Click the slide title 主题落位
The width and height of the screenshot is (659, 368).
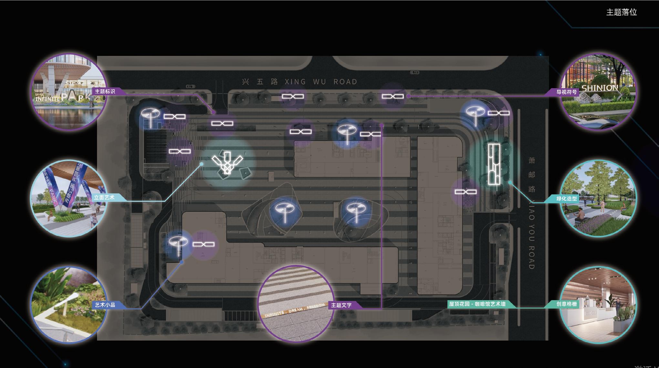coord(621,12)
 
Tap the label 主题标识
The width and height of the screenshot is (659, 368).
coord(105,91)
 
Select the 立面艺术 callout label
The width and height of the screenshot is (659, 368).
coord(104,197)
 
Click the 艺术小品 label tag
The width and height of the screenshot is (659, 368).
coord(105,305)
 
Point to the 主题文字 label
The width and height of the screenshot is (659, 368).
coord(341,305)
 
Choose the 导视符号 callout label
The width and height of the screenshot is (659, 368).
coord(566,92)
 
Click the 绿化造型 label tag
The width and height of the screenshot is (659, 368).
coord(566,199)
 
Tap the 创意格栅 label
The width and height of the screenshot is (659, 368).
coord(566,304)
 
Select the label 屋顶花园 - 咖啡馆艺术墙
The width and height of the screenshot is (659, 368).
coord(477,304)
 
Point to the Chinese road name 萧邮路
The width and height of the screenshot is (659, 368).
coord(532,175)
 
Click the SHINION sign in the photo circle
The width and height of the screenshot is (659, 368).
coord(600,88)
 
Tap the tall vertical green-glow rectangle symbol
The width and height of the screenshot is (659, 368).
coord(494,164)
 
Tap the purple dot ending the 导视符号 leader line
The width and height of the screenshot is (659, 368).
coord(408,96)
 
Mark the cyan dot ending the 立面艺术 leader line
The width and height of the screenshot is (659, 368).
coord(201,164)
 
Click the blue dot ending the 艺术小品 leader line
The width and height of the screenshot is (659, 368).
coord(182,262)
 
